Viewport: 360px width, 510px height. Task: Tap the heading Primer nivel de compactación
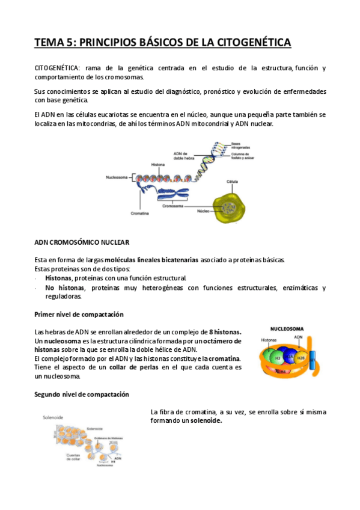(x=79, y=315)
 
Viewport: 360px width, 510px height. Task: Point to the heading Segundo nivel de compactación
(x=82, y=394)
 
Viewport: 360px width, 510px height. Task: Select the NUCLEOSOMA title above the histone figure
(x=287, y=329)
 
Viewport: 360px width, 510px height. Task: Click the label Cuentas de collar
(x=73, y=458)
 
